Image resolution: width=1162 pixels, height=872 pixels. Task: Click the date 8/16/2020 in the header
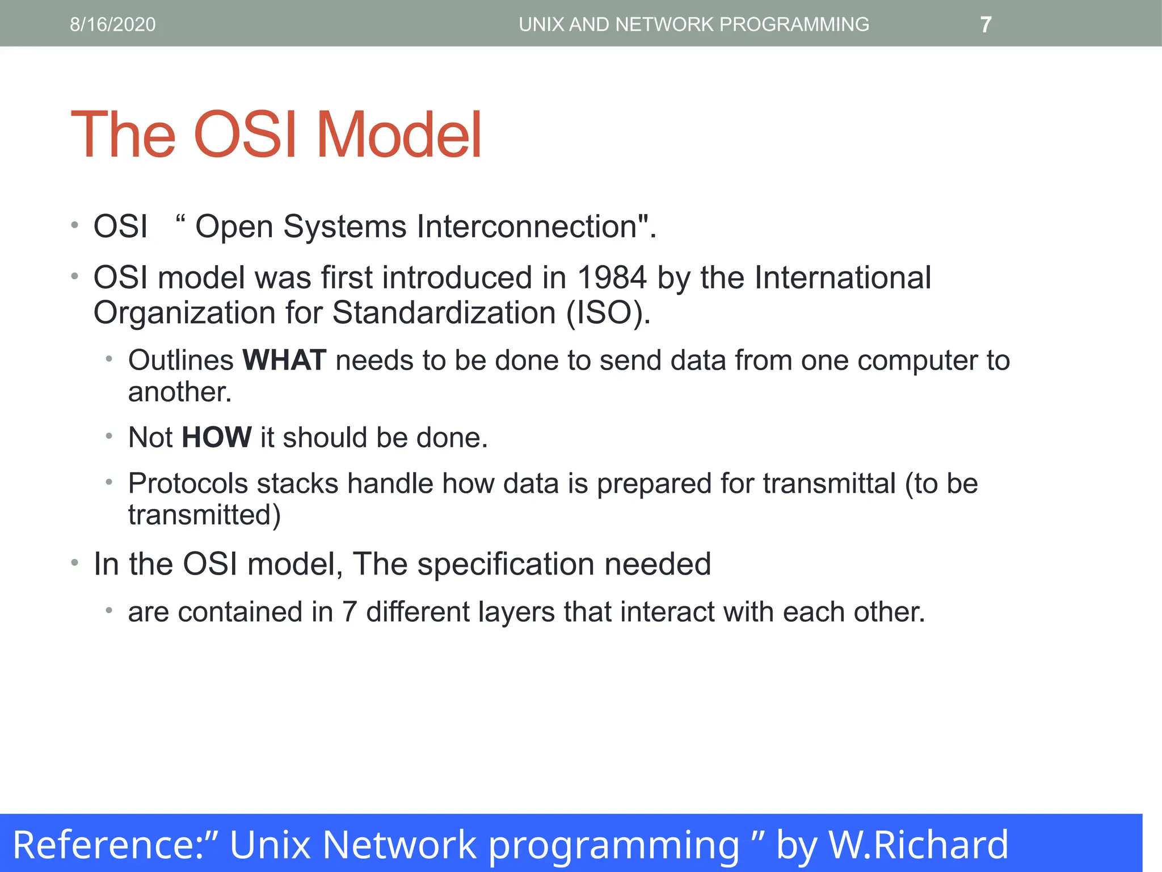tap(112, 24)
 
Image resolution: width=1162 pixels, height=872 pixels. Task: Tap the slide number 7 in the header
tap(986, 24)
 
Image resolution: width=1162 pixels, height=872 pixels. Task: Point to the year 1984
tap(612, 278)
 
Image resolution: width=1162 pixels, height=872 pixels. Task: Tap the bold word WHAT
tap(284, 360)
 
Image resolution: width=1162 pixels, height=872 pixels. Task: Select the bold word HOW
tap(217, 438)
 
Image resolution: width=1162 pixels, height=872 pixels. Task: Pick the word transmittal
tap(829, 484)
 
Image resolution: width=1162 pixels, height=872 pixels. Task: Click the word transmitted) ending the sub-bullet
tap(204, 515)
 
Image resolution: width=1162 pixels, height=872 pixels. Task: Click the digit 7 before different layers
tap(350, 612)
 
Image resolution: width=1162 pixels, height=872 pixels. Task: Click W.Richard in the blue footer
tap(919, 845)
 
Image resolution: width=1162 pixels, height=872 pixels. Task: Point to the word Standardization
tap(443, 313)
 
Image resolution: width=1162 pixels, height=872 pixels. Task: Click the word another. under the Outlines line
tap(180, 392)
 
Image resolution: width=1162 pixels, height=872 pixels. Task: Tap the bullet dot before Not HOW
tap(109, 437)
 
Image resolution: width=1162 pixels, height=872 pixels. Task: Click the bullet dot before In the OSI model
tap(74, 563)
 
